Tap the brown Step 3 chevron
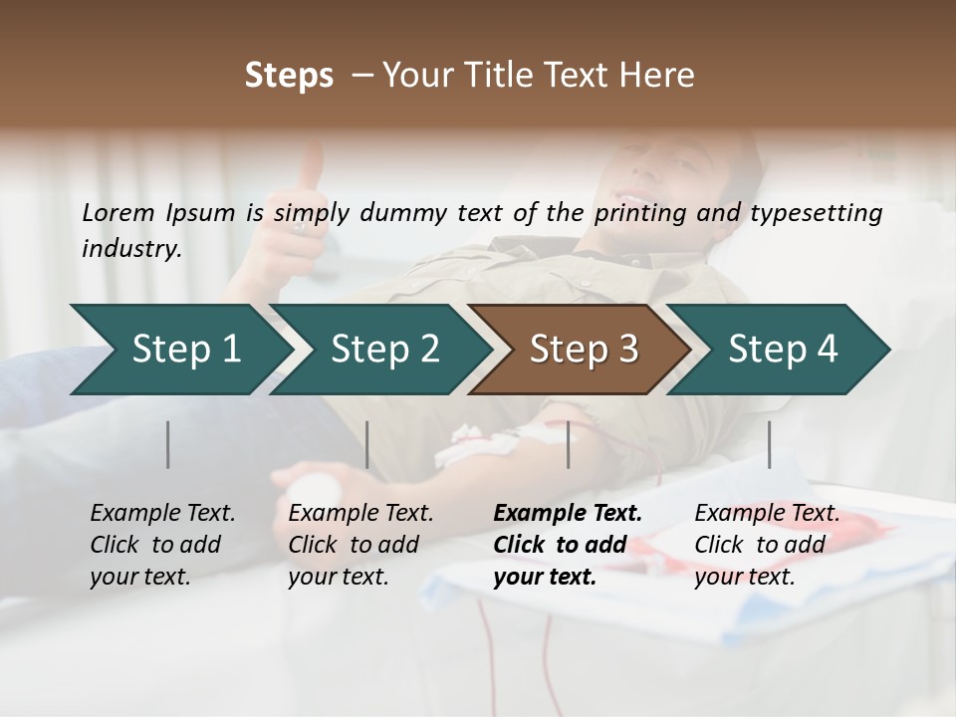[x=583, y=350]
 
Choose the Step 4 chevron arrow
[x=782, y=350]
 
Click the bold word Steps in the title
[x=289, y=76]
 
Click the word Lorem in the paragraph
[x=118, y=212]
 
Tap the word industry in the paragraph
[x=130, y=249]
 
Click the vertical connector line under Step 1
[x=168, y=444]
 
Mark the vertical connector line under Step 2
[x=367, y=444]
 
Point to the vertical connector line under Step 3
[x=569, y=444]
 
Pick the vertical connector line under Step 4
[x=769, y=444]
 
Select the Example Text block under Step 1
[x=162, y=545]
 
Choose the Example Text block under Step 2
[x=360, y=545]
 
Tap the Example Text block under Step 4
[x=767, y=545]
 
